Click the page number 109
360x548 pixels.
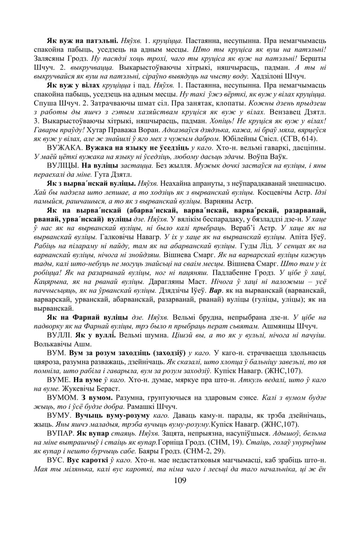(180, 481)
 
